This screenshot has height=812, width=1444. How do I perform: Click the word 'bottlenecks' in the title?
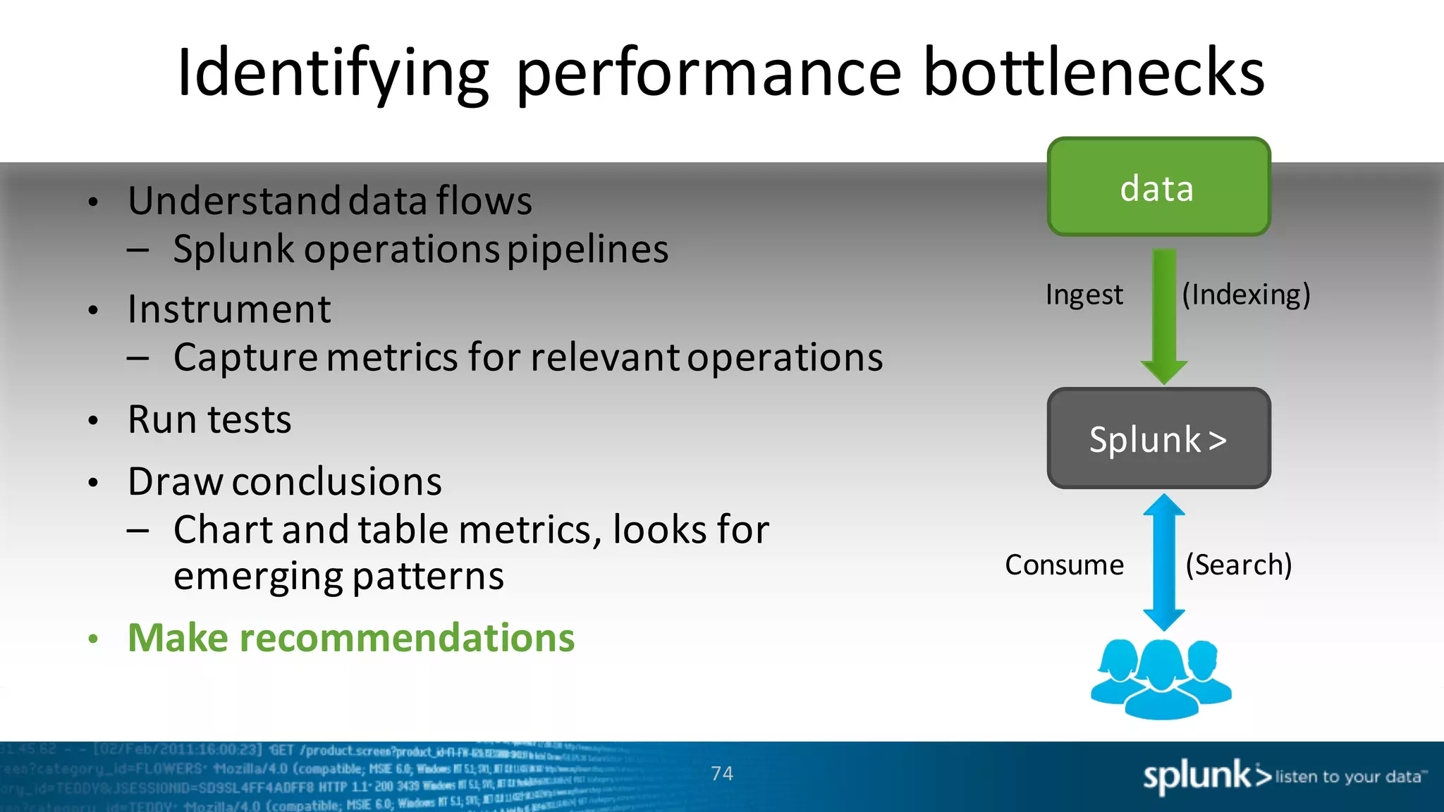[x=1094, y=72]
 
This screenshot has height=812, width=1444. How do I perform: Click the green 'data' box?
[x=1158, y=187]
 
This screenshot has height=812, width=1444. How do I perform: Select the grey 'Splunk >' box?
[x=1158, y=438]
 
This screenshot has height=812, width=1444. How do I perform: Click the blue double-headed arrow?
[x=1164, y=562]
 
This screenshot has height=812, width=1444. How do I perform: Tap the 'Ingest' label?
[x=1084, y=295]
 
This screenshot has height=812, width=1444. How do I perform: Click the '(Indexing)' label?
[x=1246, y=295]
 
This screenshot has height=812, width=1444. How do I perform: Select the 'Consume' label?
[x=1064, y=565]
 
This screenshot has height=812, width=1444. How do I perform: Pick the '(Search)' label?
[x=1239, y=565]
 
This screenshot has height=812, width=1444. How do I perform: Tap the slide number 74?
[x=722, y=774]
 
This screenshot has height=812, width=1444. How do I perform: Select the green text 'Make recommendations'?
[x=351, y=638]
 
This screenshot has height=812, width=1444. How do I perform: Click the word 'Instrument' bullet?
[x=229, y=309]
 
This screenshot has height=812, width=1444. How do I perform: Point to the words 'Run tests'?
[x=209, y=420]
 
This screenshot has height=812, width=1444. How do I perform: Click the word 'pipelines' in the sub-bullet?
[x=587, y=250]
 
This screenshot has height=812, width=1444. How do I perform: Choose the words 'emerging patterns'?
[x=338, y=577]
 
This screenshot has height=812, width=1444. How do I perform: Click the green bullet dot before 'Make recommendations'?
[x=93, y=639]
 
